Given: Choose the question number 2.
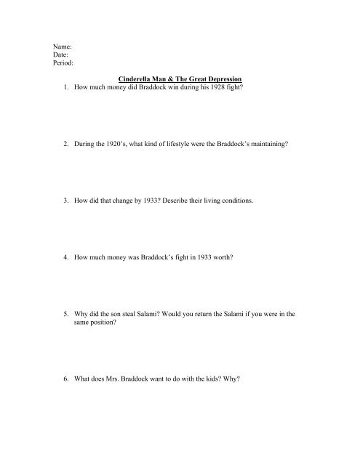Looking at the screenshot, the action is [67, 145].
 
